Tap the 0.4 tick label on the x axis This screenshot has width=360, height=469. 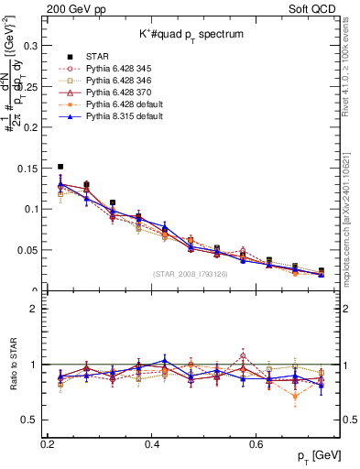pyautogui.click(x=152, y=443)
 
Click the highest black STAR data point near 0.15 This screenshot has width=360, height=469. pyautogui.click(x=60, y=167)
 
